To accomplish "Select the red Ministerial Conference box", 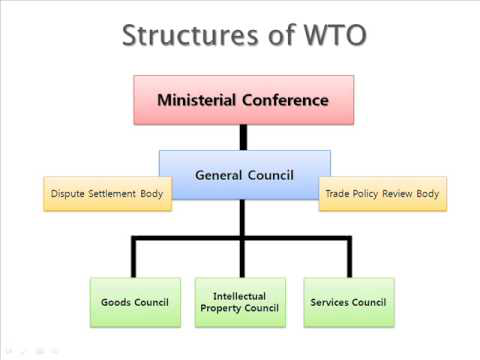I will [243, 100].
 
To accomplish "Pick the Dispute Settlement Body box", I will [107, 193].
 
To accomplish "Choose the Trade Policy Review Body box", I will [383, 193].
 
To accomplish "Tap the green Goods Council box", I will [135, 302].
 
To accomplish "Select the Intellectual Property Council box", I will [241, 302].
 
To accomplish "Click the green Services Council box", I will [348, 302].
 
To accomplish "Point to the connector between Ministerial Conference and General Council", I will [243, 137].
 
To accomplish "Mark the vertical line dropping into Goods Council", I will [135, 258].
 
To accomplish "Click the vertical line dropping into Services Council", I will [348, 258].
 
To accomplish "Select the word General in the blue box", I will [221, 174].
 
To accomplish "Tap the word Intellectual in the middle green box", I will [241, 296].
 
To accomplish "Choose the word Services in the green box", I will [331, 302].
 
